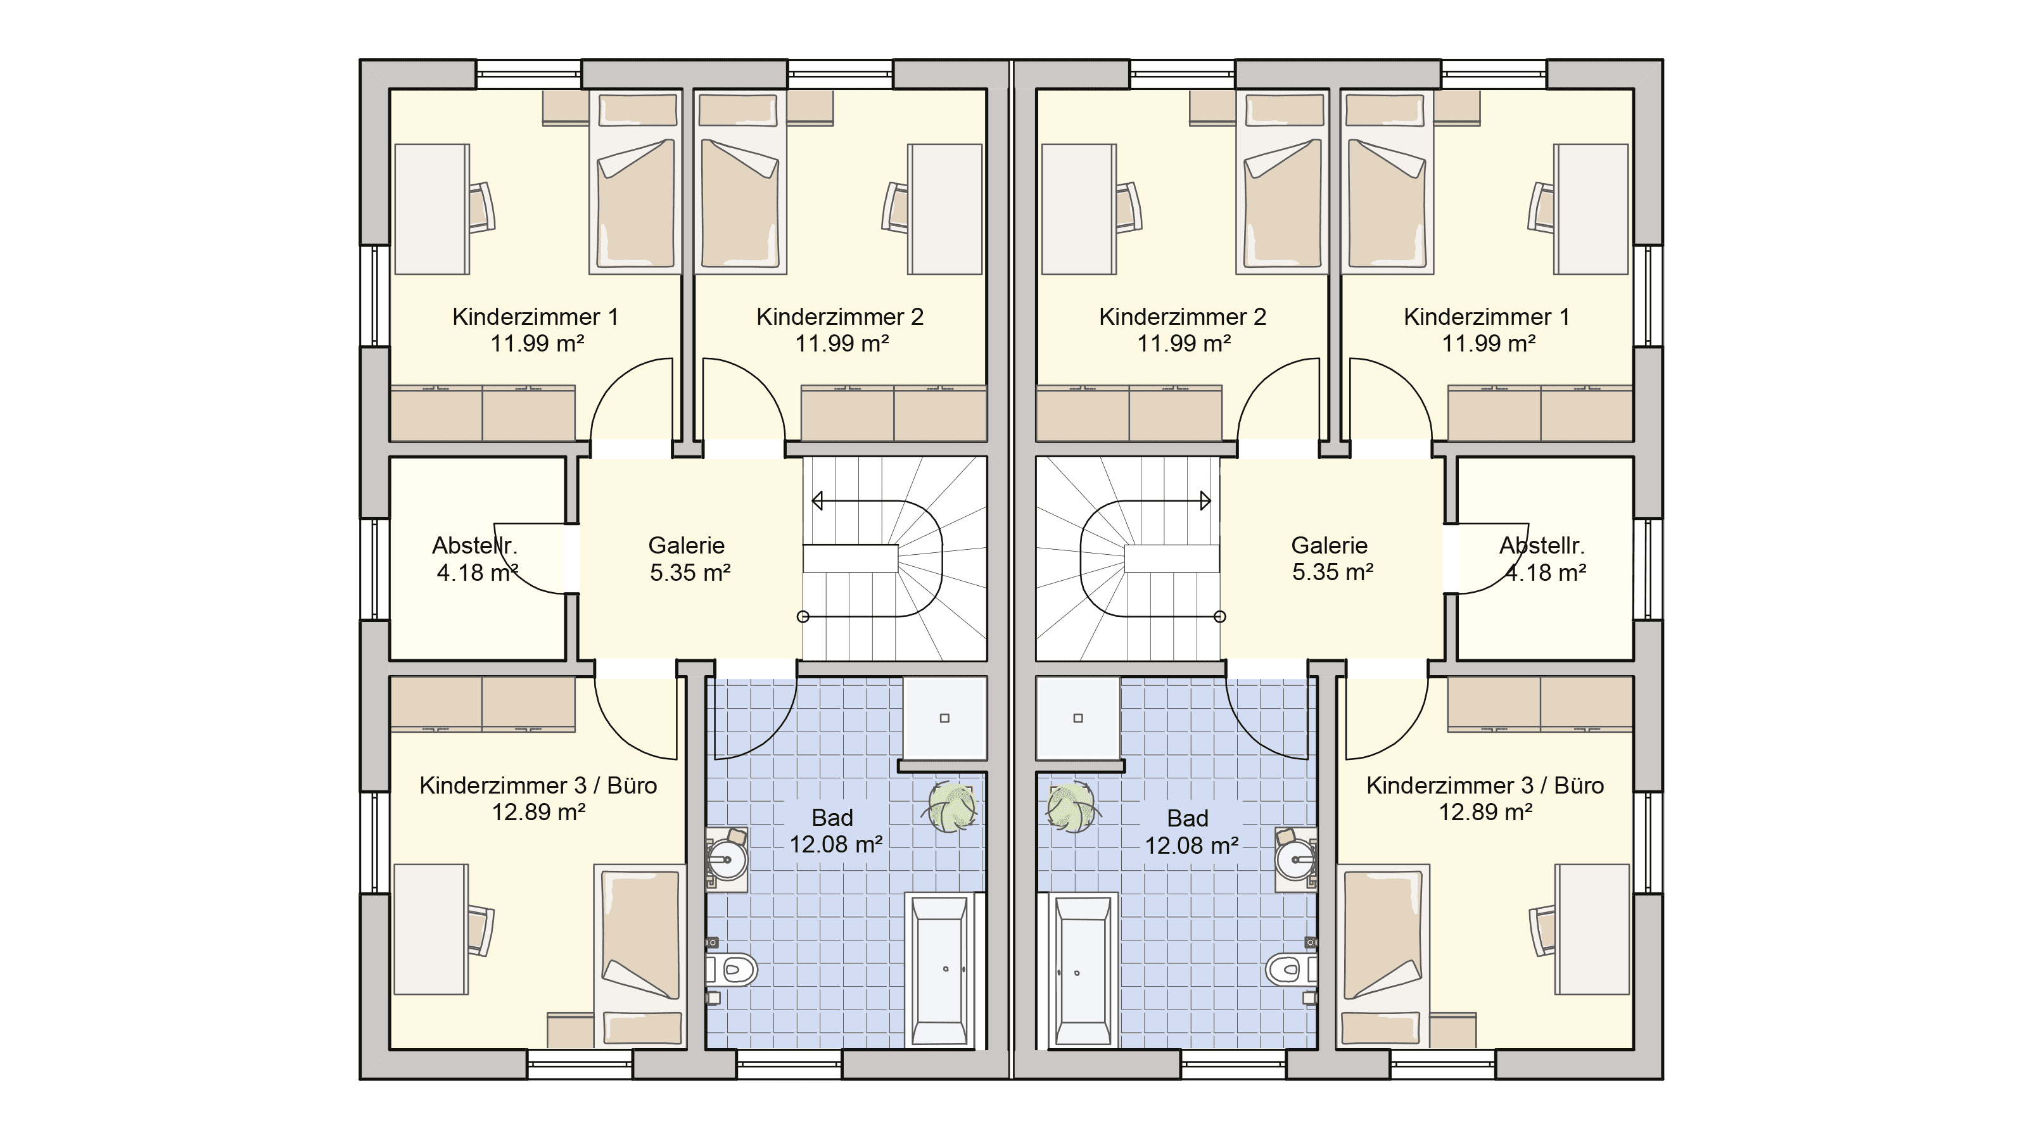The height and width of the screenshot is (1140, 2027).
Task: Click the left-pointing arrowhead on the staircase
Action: point(818,500)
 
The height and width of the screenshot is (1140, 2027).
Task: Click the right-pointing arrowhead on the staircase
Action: point(1205,500)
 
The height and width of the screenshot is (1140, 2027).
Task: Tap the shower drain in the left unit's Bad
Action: point(944,718)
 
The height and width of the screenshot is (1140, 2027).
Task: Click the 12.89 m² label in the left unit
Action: point(538,812)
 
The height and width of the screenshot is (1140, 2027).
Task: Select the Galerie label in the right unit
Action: point(1329,545)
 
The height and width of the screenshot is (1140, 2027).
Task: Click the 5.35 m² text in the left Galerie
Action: point(689,572)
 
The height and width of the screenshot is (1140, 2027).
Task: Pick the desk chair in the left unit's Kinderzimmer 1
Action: point(481,208)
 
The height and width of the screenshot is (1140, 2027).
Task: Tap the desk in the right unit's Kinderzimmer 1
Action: point(1591,209)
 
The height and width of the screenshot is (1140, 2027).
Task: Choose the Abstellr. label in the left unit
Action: point(474,545)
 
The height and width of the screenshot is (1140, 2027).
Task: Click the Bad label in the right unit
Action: point(1188,818)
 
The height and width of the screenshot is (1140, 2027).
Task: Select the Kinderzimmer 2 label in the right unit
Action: point(1183,317)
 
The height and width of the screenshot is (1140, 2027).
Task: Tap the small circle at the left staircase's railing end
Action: point(803,617)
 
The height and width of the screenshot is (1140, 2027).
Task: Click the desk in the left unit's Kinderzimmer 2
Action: point(945,209)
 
